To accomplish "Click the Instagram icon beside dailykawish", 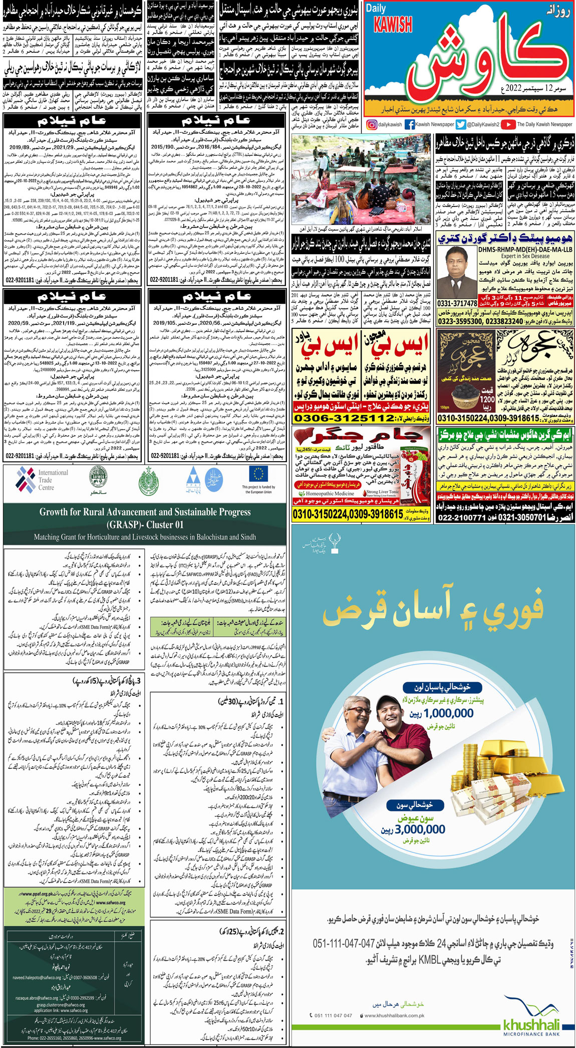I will tap(371, 125).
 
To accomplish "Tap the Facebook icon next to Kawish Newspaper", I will tap(409, 125).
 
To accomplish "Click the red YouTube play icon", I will tap(508, 125).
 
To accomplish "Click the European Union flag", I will tap(258, 474).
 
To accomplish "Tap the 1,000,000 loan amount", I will tap(448, 713).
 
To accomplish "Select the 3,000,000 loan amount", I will tap(420, 829).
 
